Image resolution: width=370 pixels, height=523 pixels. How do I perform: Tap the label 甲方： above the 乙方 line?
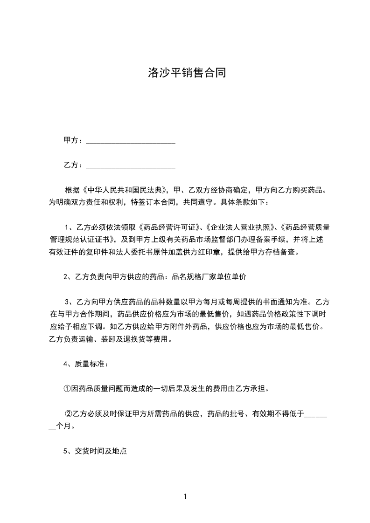tap(73, 140)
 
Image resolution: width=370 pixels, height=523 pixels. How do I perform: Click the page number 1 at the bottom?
tap(185, 496)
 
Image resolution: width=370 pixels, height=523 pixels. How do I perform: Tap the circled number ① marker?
tap(67, 388)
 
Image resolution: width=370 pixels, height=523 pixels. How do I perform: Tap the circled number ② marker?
tap(68, 413)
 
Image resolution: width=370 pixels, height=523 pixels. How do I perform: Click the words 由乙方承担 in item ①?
tap(250, 388)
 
